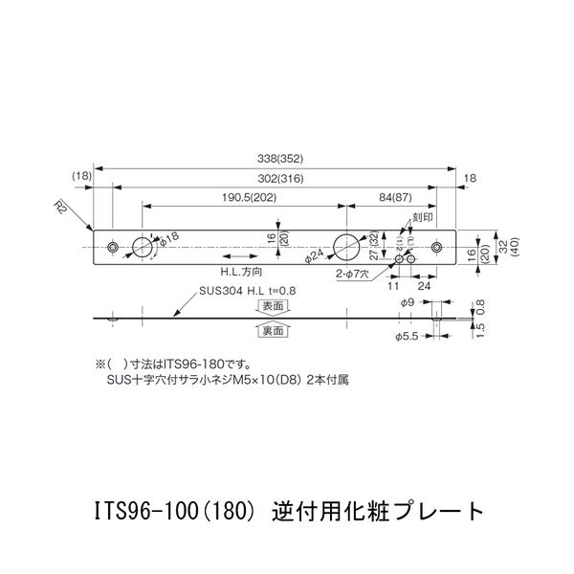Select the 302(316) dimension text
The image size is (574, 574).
[x=275, y=179]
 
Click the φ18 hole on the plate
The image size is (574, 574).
[x=141, y=247]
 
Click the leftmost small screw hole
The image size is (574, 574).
[x=114, y=247]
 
